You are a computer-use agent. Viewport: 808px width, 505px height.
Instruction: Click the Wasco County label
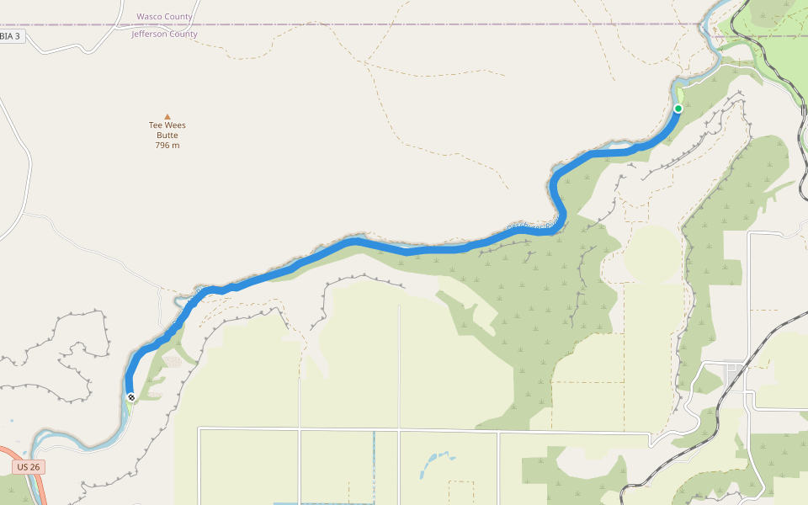[x=164, y=17]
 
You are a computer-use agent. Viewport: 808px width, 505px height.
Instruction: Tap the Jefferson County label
[x=164, y=35]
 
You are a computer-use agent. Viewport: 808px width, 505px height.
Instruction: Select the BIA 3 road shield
[x=11, y=36]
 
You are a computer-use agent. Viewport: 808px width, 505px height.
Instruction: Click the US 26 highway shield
[x=29, y=466]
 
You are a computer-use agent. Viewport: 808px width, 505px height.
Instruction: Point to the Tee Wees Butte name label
[x=167, y=130]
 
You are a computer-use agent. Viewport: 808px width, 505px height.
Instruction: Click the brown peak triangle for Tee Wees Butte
[x=167, y=117]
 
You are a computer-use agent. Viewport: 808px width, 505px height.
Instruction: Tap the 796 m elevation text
[x=167, y=146]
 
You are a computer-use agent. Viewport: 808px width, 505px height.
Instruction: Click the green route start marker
[x=678, y=109]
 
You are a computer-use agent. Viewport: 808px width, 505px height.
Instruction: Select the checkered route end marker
[x=131, y=396]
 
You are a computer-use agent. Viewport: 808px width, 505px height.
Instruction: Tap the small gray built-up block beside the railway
[x=735, y=368]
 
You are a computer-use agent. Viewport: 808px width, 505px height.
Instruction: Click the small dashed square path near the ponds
[x=461, y=491]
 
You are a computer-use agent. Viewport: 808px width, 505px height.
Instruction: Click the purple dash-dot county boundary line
[x=421, y=24]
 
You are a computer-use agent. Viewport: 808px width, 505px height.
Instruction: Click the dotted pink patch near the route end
[x=172, y=361]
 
